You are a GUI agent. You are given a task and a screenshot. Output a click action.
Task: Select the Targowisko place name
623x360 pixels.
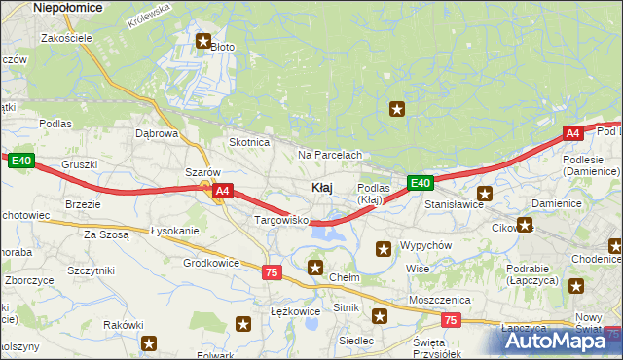tap(281, 221)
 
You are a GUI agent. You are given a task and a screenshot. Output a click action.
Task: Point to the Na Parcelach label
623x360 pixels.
tap(330, 155)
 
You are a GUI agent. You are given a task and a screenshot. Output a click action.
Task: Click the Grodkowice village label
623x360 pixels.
tap(211, 263)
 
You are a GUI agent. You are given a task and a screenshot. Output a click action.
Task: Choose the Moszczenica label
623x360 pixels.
tap(440, 300)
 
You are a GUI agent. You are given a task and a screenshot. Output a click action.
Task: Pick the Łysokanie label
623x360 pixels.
tap(175, 231)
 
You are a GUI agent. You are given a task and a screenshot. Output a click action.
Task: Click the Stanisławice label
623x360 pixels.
tap(455, 205)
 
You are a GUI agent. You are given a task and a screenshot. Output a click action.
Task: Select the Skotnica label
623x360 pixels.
tap(249, 142)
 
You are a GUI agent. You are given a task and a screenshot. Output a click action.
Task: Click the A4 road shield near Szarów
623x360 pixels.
tap(222, 192)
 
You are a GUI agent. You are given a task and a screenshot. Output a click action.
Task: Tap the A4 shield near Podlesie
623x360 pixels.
tap(572, 134)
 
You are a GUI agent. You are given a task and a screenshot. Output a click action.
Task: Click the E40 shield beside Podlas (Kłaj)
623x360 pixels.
tap(420, 183)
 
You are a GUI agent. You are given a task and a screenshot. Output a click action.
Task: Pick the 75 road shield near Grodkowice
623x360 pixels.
tap(271, 272)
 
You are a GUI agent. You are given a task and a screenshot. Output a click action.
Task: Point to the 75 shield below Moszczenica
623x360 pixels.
tap(449, 319)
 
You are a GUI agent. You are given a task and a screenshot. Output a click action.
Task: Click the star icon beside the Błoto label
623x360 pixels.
tap(203, 41)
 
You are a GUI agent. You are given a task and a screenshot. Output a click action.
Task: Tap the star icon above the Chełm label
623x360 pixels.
tap(315, 267)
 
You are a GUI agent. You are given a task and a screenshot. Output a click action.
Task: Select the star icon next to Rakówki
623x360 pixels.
tap(150, 342)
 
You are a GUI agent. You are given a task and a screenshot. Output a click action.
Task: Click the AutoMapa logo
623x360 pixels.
tap(556, 341)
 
